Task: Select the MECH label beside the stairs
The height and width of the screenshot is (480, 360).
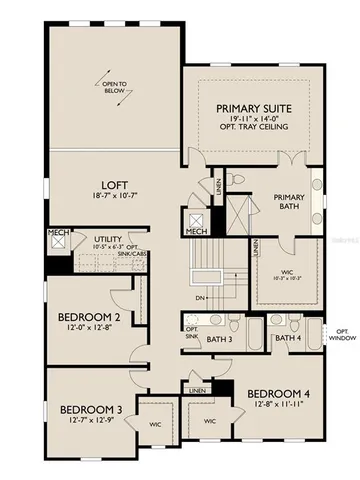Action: click(x=196, y=232)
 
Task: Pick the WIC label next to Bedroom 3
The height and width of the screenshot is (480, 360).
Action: click(x=156, y=421)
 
